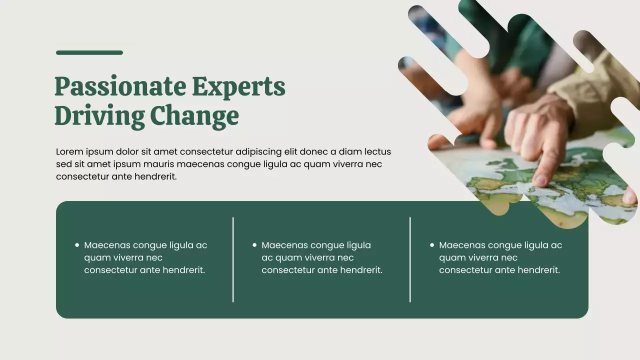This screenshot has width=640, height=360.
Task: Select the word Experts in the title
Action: (x=238, y=87)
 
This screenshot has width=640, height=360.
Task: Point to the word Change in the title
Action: (x=194, y=116)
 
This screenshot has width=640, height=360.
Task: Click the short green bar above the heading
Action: (x=89, y=52)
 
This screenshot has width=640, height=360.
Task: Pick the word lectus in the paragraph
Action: (x=377, y=151)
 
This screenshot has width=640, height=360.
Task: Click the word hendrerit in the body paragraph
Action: (x=155, y=176)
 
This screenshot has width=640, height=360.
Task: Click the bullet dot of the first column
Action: (x=77, y=245)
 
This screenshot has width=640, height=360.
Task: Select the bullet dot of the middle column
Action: (x=254, y=245)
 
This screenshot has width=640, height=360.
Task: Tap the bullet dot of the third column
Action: (x=432, y=245)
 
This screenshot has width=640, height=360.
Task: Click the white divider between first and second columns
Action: (x=233, y=259)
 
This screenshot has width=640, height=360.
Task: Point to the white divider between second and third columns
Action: (x=410, y=259)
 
